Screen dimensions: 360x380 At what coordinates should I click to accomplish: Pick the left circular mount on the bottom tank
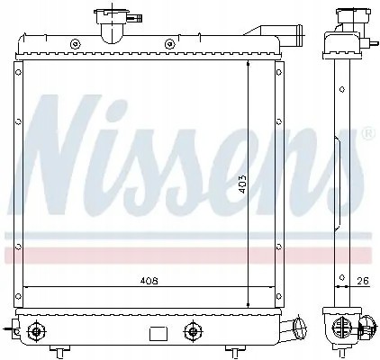(36, 330)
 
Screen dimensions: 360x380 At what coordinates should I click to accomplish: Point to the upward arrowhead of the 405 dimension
(249, 65)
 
